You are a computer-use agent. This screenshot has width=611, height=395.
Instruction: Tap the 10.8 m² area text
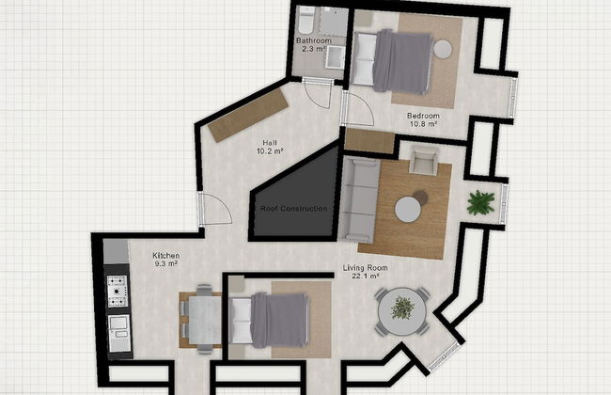point(423,127)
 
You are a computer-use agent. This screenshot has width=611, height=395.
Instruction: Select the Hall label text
point(270,142)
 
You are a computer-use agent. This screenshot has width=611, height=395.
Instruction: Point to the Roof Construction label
point(293,208)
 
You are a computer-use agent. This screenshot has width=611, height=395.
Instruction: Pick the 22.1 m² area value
point(361,277)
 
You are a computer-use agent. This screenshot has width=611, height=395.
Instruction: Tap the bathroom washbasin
point(335,58)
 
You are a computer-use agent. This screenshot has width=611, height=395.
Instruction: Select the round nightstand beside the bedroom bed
point(443,49)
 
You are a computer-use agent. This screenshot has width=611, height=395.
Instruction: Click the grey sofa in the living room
point(359,197)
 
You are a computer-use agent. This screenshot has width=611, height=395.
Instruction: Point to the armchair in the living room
point(424,162)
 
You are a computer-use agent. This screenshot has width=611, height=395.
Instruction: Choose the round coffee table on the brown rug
point(408,209)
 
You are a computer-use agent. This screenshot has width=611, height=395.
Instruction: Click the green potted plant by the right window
point(481,201)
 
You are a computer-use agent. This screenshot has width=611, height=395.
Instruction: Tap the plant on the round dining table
point(402,308)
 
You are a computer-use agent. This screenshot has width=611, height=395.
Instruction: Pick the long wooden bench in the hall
point(247,115)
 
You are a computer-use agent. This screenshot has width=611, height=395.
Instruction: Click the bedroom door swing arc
point(359,108)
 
